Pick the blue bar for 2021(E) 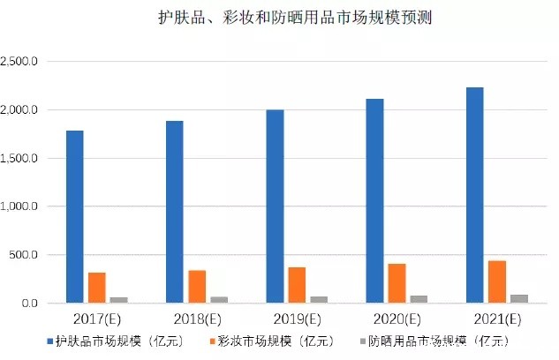(x=475, y=195)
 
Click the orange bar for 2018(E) (x=197, y=287)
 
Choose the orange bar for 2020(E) (x=397, y=283)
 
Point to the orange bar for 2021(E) (x=497, y=281)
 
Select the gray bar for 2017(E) (x=118, y=300)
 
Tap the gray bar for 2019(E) (x=319, y=300)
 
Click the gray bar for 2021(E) (x=518, y=299)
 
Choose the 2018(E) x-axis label (x=196, y=318)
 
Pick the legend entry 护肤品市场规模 (x=118, y=340)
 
